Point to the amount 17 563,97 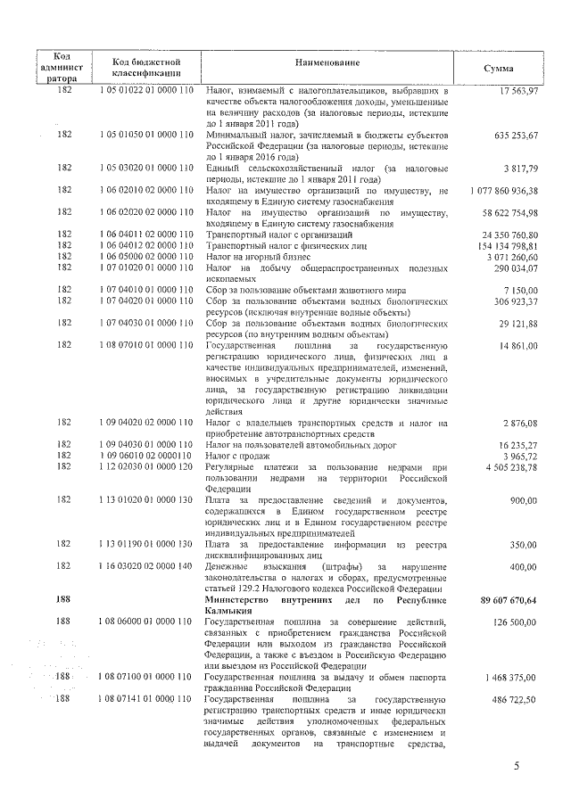pyautogui.click(x=518, y=91)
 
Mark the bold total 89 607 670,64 pyautogui.click(x=505, y=601)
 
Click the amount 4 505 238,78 pyautogui.click(x=510, y=466)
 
